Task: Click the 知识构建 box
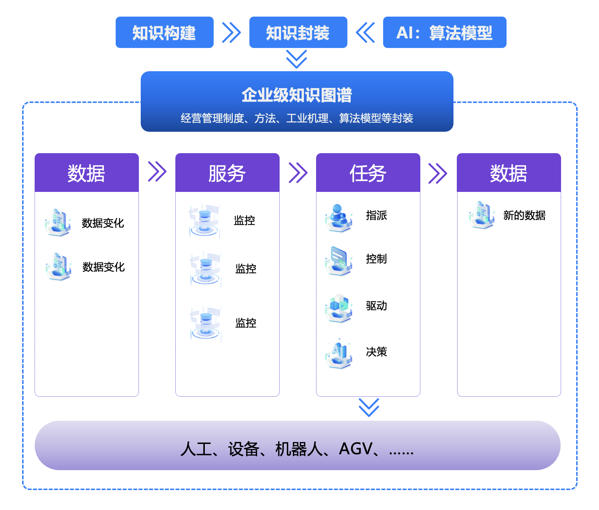tap(164, 32)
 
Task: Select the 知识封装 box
tap(298, 32)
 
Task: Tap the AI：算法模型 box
tap(444, 32)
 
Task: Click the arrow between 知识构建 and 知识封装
tap(231, 32)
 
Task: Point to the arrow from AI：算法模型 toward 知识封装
tap(365, 32)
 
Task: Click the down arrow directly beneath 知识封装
tap(297, 59)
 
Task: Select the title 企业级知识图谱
tap(297, 95)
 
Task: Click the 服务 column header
tap(227, 173)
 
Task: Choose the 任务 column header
tap(368, 173)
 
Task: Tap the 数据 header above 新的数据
tap(508, 173)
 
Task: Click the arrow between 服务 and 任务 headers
tap(298, 172)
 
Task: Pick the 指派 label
tap(376, 215)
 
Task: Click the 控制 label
tap(376, 259)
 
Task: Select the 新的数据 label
tap(524, 215)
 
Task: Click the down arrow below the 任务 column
tap(369, 407)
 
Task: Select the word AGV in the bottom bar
tap(355, 449)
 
